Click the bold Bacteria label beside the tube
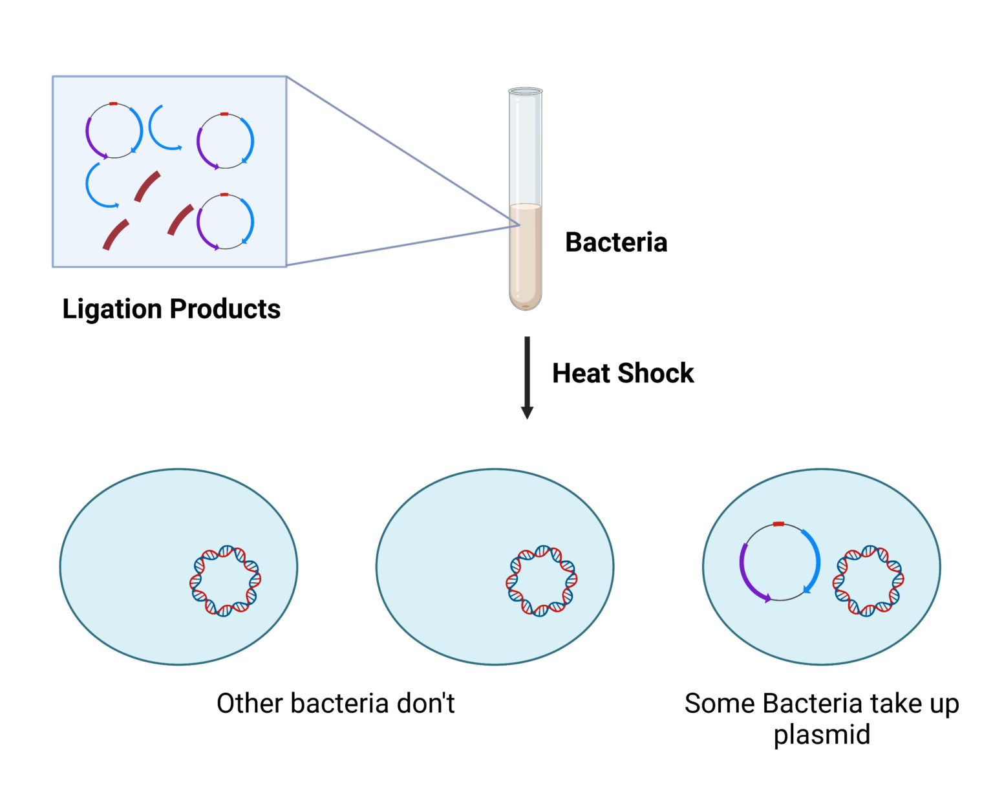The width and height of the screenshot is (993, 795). (615, 243)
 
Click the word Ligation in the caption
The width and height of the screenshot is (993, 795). (111, 309)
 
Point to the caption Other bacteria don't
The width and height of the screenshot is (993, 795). (336, 704)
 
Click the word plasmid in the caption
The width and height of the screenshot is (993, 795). (822, 735)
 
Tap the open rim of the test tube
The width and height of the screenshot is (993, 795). (525, 92)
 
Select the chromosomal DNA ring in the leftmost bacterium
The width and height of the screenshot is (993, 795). (225, 580)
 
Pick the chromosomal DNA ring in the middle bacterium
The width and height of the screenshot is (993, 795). (541, 580)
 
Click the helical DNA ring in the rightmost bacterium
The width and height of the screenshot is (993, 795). (868, 580)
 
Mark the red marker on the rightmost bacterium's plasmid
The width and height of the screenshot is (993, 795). (778, 524)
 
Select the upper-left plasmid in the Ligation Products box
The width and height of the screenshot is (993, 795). (114, 131)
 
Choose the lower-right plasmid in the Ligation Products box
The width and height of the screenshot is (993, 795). (225, 221)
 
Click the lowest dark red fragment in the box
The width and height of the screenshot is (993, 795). (116, 234)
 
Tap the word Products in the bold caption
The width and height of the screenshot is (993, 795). (226, 309)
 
